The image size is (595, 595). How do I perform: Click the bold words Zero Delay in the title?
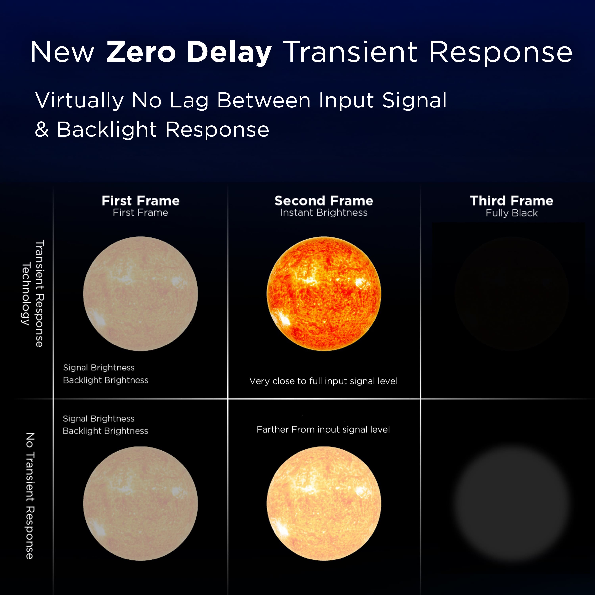pyautogui.click(x=189, y=52)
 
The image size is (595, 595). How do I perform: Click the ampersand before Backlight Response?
pyautogui.click(x=42, y=129)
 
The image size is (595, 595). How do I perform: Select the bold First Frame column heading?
pyautogui.click(x=140, y=201)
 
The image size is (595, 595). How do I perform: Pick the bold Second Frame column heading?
pyautogui.click(x=324, y=201)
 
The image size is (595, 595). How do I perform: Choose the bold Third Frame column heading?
pyautogui.click(x=512, y=201)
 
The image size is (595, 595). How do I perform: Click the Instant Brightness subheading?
pyautogui.click(x=324, y=213)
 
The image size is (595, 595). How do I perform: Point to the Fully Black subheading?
pyautogui.click(x=512, y=213)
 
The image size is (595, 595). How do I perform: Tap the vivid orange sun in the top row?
pyautogui.click(x=324, y=294)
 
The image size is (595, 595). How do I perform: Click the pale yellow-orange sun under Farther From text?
pyautogui.click(x=324, y=504)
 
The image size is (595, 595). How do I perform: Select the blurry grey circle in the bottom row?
pyautogui.click(x=512, y=504)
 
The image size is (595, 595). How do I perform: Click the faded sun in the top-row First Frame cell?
pyautogui.click(x=140, y=294)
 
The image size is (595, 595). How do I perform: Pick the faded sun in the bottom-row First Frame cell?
pyautogui.click(x=140, y=504)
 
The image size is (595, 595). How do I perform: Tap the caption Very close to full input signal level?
pyautogui.click(x=323, y=381)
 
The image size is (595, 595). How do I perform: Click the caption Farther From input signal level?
pyautogui.click(x=323, y=430)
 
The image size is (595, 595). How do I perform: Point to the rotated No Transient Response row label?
pyautogui.click(x=30, y=496)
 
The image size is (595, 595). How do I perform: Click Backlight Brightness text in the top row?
pyautogui.click(x=106, y=380)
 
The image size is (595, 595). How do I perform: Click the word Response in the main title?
pyautogui.click(x=500, y=52)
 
